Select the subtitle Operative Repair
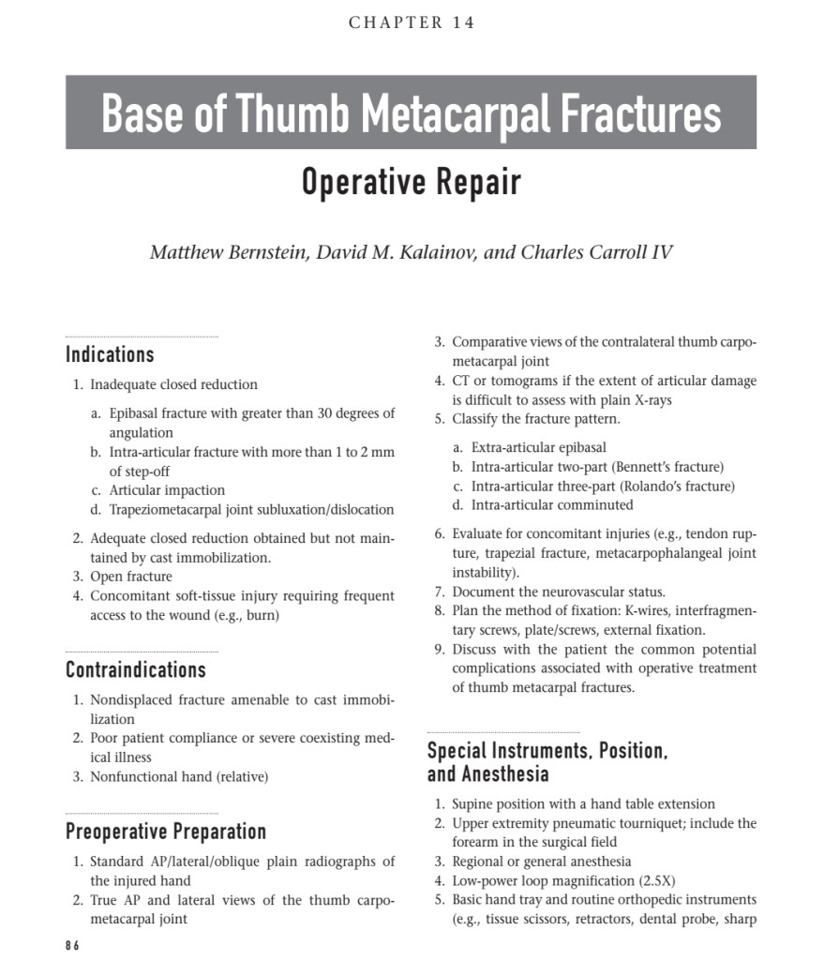[411, 181]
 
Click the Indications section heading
[110, 354]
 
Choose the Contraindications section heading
[136, 670]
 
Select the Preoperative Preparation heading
[166, 832]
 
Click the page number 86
[72, 946]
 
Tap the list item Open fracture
[131, 577]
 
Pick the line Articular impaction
[167, 490]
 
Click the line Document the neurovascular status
[559, 592]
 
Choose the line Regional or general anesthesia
[542, 862]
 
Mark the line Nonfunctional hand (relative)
[179, 776]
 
